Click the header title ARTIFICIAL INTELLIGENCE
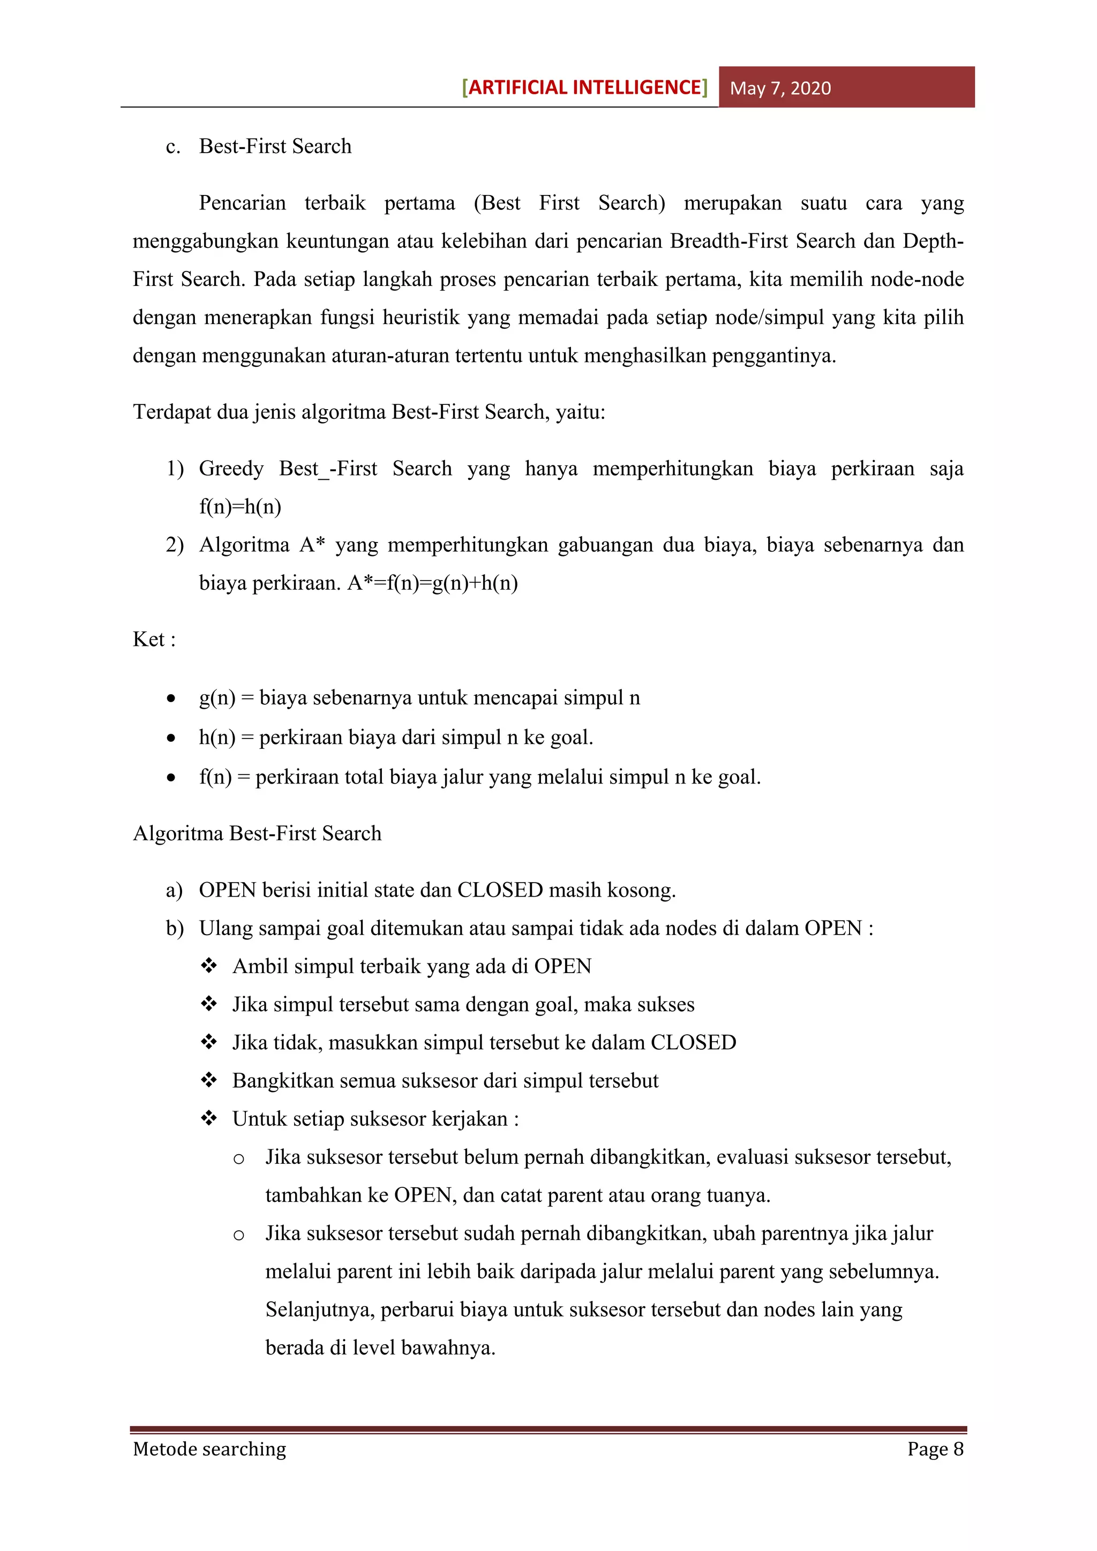coord(584,88)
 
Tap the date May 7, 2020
coord(780,88)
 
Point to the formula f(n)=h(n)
coord(240,507)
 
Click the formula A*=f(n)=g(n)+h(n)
coord(432,583)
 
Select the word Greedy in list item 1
coord(231,469)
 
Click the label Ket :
coord(154,639)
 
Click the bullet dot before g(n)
coord(171,698)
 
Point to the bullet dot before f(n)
coord(171,778)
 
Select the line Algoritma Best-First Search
coord(257,833)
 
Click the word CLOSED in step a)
coord(500,890)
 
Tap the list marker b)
coord(175,929)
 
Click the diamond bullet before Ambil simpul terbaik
coord(209,966)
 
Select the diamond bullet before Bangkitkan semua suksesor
coord(209,1080)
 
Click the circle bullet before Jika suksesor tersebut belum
coord(238,1159)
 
